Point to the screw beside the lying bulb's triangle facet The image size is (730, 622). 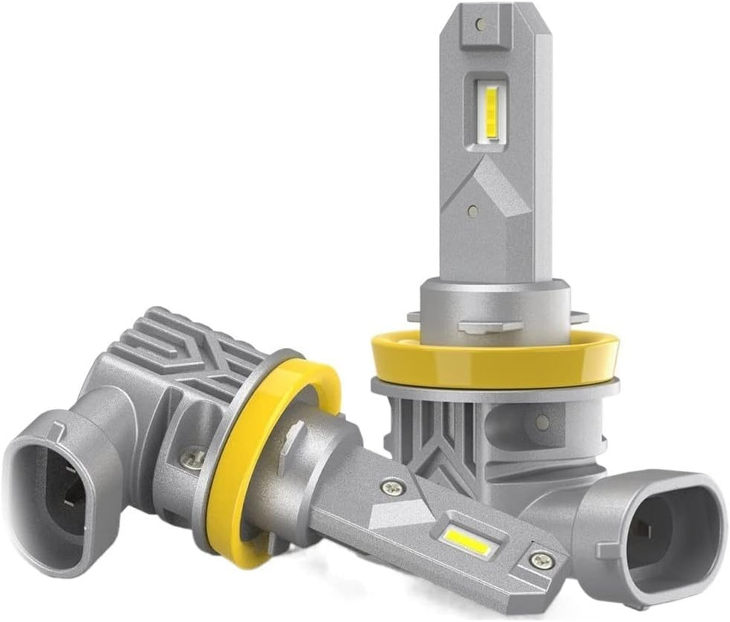point(389,488)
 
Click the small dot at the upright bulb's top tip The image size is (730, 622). point(479,24)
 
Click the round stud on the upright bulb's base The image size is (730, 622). point(542,423)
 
